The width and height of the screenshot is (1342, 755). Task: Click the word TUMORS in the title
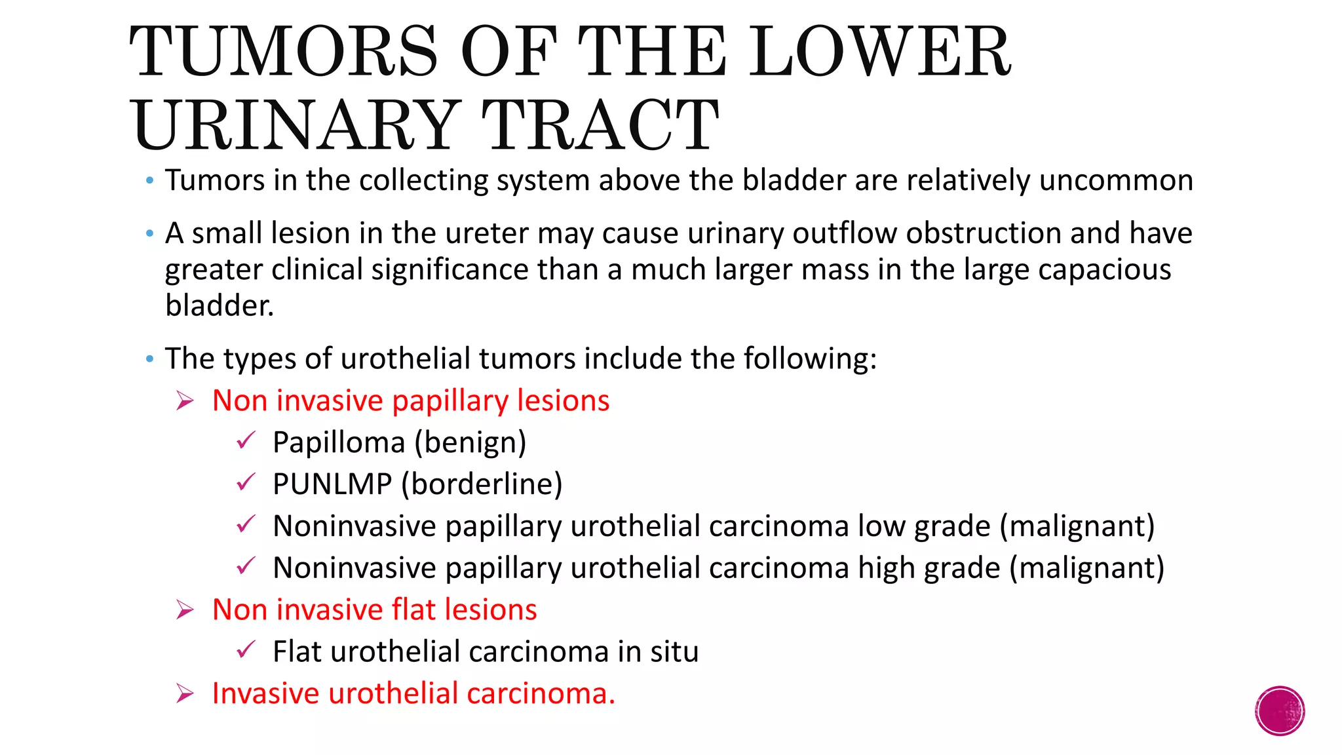[x=283, y=52]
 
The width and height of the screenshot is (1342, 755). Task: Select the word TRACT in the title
[x=600, y=125]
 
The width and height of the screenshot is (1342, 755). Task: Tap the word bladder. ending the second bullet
[x=219, y=305]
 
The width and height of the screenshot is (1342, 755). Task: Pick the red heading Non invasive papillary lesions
[x=411, y=401]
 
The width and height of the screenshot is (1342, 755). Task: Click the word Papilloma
[x=339, y=443]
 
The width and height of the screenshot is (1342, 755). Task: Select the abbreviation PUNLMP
[x=332, y=484]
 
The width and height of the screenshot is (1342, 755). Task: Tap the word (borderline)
[x=482, y=484]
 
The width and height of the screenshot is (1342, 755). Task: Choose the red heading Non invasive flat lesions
[x=374, y=610]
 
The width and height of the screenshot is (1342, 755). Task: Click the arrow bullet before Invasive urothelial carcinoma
[x=185, y=693]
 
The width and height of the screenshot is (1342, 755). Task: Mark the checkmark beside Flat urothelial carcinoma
[x=246, y=650]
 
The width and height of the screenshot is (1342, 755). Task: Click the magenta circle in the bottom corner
[x=1280, y=711]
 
